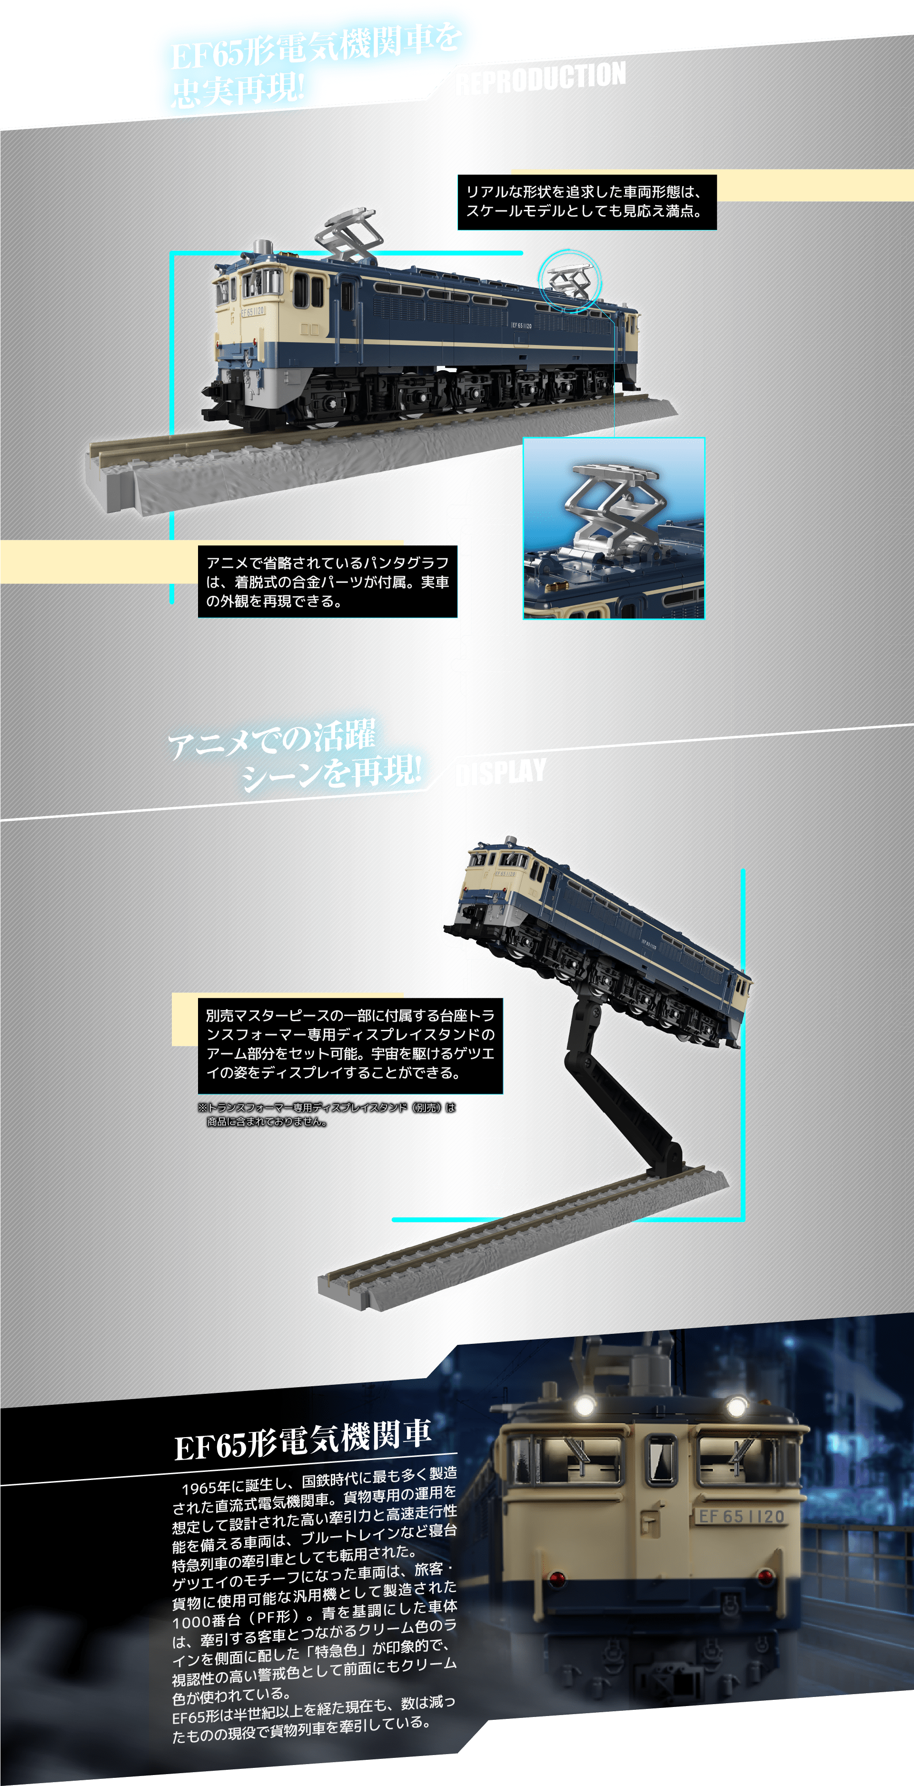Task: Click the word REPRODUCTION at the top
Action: (541, 78)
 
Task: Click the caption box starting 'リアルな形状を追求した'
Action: (586, 202)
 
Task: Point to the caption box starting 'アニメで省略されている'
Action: (328, 582)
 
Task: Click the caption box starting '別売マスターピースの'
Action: (350, 1045)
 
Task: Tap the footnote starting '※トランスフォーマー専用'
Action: (326, 1114)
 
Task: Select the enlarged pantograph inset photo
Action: (614, 528)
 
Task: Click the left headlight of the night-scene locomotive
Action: (585, 1405)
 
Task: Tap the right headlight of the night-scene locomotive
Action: (736, 1407)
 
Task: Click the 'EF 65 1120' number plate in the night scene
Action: (741, 1516)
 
